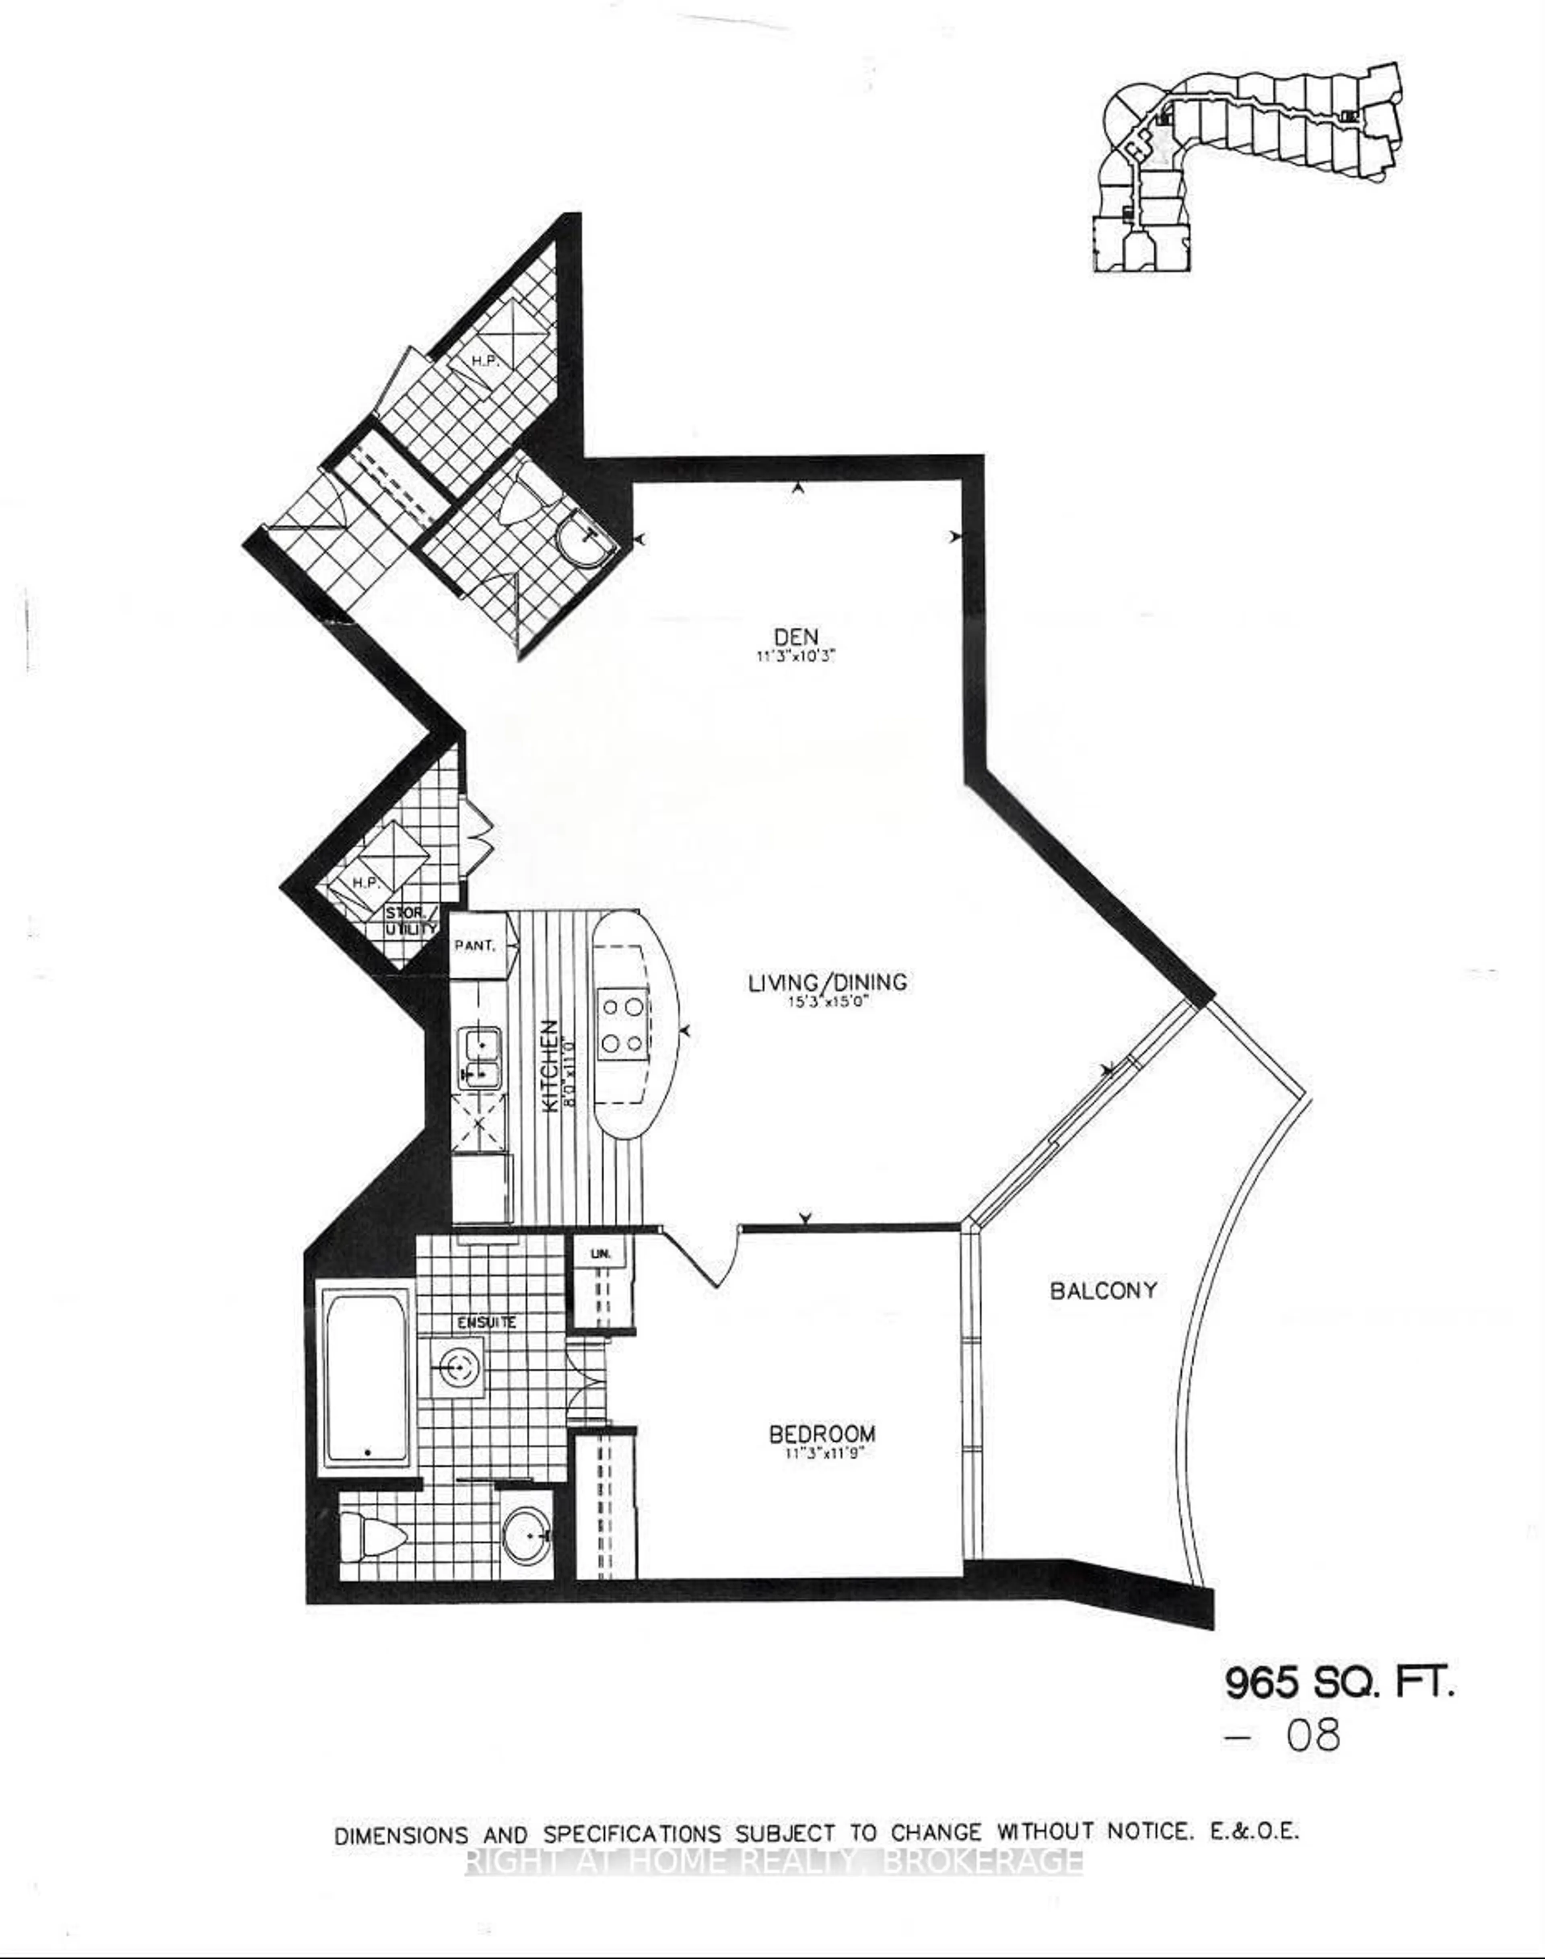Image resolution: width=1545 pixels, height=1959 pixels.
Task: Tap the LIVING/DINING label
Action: click(827, 981)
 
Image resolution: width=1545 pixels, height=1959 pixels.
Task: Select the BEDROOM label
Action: click(821, 1434)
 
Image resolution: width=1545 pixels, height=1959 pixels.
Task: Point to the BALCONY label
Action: click(1103, 1290)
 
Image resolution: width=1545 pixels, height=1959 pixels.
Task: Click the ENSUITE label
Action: click(486, 1322)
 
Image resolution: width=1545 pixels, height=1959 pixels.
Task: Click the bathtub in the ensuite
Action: click(365, 1380)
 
